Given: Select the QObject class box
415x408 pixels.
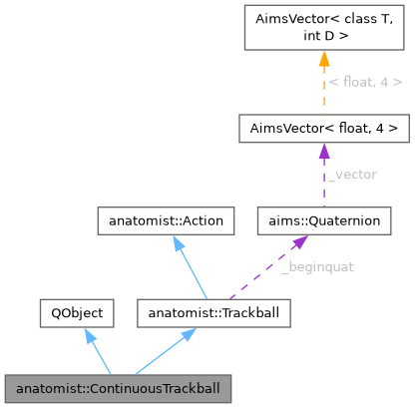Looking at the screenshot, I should (73, 313).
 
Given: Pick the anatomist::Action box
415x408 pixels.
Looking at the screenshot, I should (166, 218).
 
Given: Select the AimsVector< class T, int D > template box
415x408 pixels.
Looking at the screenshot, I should (324, 28).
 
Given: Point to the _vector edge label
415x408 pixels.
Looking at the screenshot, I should (352, 174).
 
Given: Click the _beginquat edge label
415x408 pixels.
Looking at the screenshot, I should (316, 266).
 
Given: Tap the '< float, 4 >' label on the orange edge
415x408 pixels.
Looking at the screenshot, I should (365, 82).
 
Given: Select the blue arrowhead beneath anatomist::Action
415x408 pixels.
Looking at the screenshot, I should (178, 242).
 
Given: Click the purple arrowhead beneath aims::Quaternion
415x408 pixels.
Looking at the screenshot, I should (299, 242).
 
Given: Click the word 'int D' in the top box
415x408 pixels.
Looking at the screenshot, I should (324, 38).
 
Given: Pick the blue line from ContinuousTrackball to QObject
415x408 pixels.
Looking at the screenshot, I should (99, 357).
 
